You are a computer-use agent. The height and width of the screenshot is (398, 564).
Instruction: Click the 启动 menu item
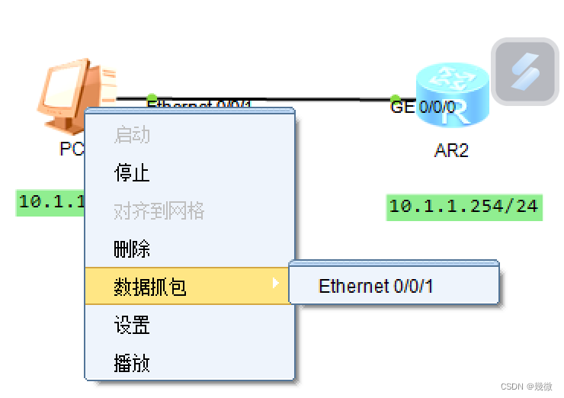[132, 136]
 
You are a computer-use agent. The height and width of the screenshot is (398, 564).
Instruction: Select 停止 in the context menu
[132, 173]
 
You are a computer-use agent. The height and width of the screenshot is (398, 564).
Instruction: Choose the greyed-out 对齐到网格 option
[159, 211]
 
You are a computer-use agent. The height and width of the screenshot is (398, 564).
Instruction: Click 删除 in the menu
[132, 249]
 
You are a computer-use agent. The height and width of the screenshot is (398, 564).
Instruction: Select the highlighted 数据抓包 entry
[150, 287]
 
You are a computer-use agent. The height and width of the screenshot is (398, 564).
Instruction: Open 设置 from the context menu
[132, 326]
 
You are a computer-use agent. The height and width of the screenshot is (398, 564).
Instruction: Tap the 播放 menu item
[132, 363]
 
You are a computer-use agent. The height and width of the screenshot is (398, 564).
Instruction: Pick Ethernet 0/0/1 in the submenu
[376, 287]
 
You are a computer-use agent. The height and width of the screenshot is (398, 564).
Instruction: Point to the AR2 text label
[451, 150]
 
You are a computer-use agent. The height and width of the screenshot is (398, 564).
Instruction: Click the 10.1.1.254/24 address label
[463, 207]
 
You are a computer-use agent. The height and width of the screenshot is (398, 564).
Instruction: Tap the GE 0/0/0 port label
[422, 108]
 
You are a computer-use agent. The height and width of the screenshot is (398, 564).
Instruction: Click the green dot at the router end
[395, 99]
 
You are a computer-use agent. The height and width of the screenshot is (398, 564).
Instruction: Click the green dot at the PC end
[152, 98]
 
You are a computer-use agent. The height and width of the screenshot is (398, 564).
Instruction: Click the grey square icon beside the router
[524, 72]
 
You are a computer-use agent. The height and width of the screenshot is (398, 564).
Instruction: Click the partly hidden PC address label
[50, 203]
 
